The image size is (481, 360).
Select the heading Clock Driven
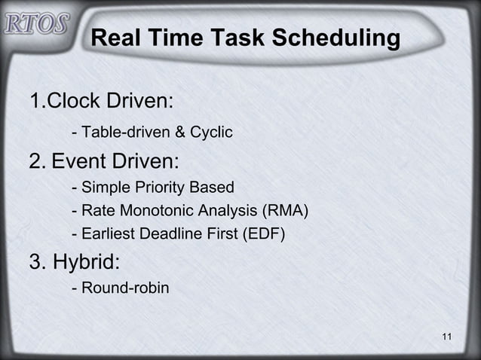[x=102, y=101]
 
